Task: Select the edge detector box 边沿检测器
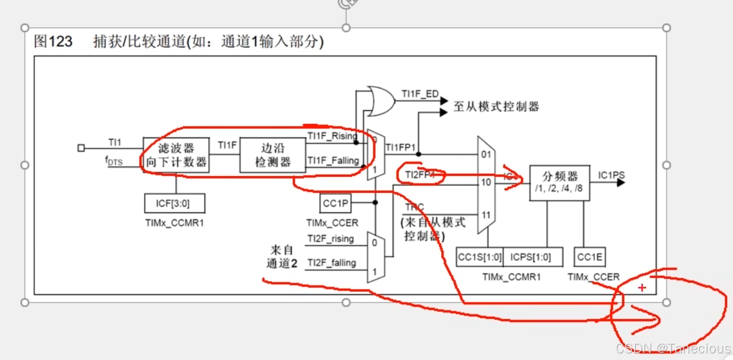coord(273,155)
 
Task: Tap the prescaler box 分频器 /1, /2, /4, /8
coord(559,182)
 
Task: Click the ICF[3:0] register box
coord(175,203)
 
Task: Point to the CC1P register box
coord(336,203)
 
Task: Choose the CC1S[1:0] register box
coord(480,257)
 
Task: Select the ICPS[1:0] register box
coord(530,257)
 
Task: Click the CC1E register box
coord(589,257)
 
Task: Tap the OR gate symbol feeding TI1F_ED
coord(379,100)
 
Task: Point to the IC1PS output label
coord(611,175)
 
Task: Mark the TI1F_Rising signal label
coord(332,136)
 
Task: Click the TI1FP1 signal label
coord(401,147)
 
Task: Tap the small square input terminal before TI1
coord(81,148)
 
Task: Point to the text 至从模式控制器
coord(496,107)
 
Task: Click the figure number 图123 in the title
coord(53,42)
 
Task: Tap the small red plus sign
coord(642,288)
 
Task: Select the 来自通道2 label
coord(282,257)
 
